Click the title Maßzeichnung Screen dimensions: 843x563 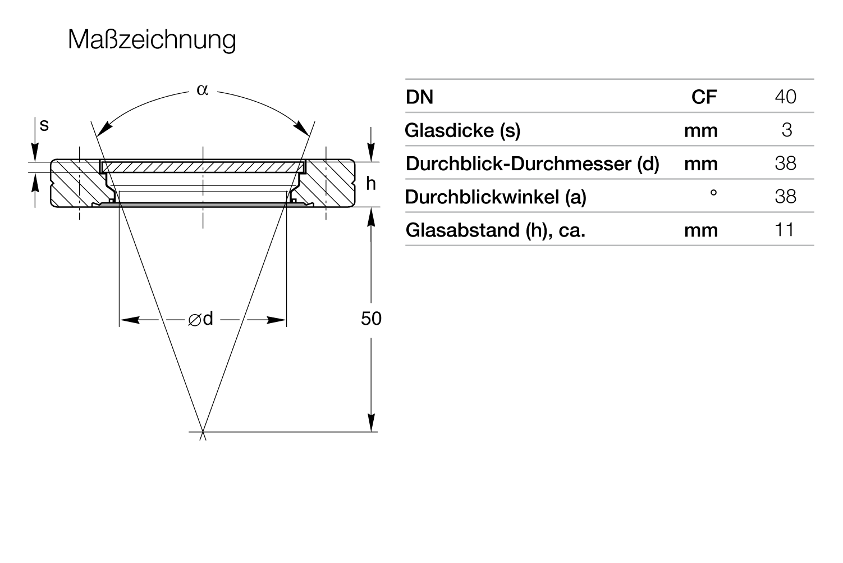[x=152, y=40]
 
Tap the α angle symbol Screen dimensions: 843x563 [x=203, y=90]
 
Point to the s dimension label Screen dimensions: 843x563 [x=44, y=125]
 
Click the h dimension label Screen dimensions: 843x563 [x=370, y=184]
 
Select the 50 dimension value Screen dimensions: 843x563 [x=371, y=319]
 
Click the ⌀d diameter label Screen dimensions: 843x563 [x=200, y=319]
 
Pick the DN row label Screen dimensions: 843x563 [x=420, y=97]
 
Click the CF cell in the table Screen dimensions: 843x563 [x=704, y=97]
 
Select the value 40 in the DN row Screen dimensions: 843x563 [x=785, y=97]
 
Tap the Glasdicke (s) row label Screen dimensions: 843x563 [x=462, y=130]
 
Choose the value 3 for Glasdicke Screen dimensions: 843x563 [x=787, y=130]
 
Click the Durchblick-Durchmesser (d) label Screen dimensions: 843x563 [x=533, y=164]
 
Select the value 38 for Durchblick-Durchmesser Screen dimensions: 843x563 [x=785, y=163]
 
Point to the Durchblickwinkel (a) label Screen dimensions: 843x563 [x=496, y=197]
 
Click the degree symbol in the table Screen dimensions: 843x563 [x=713, y=193]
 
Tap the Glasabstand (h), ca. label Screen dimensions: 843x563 [x=496, y=230]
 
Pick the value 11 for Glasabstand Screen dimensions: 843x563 [x=785, y=229]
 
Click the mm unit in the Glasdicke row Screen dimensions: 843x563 [x=701, y=131]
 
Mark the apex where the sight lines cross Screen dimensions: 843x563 [x=203, y=432]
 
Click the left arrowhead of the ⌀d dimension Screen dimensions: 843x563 [x=130, y=320]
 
